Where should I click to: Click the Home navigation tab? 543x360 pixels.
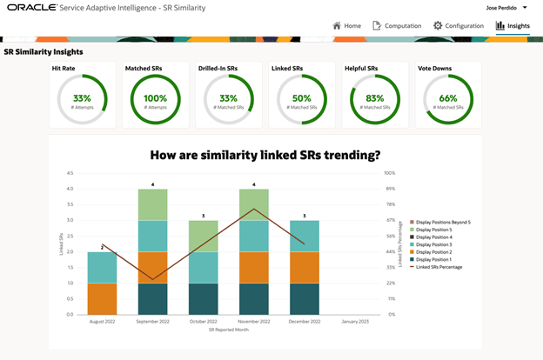tap(346, 26)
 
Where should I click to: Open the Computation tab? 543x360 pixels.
tap(397, 26)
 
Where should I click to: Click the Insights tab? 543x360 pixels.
tap(513, 26)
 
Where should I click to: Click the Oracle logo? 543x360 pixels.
tap(31, 7)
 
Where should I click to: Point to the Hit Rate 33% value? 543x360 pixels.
tap(82, 98)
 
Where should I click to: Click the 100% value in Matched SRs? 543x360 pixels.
tap(155, 98)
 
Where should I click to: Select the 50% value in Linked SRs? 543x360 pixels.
tap(301, 98)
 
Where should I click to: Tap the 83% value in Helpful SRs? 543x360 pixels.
tap(374, 98)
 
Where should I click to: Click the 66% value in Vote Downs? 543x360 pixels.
tap(447, 98)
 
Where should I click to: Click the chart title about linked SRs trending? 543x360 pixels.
tap(265, 156)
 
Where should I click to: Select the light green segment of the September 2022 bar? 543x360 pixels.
tap(152, 204)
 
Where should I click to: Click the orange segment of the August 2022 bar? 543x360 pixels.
tap(102, 298)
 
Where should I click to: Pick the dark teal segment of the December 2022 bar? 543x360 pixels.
tap(304, 298)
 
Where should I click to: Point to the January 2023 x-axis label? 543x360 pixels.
tap(354, 322)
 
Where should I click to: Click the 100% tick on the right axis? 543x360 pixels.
tap(390, 173)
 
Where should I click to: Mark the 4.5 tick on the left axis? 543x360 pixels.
tap(68, 173)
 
